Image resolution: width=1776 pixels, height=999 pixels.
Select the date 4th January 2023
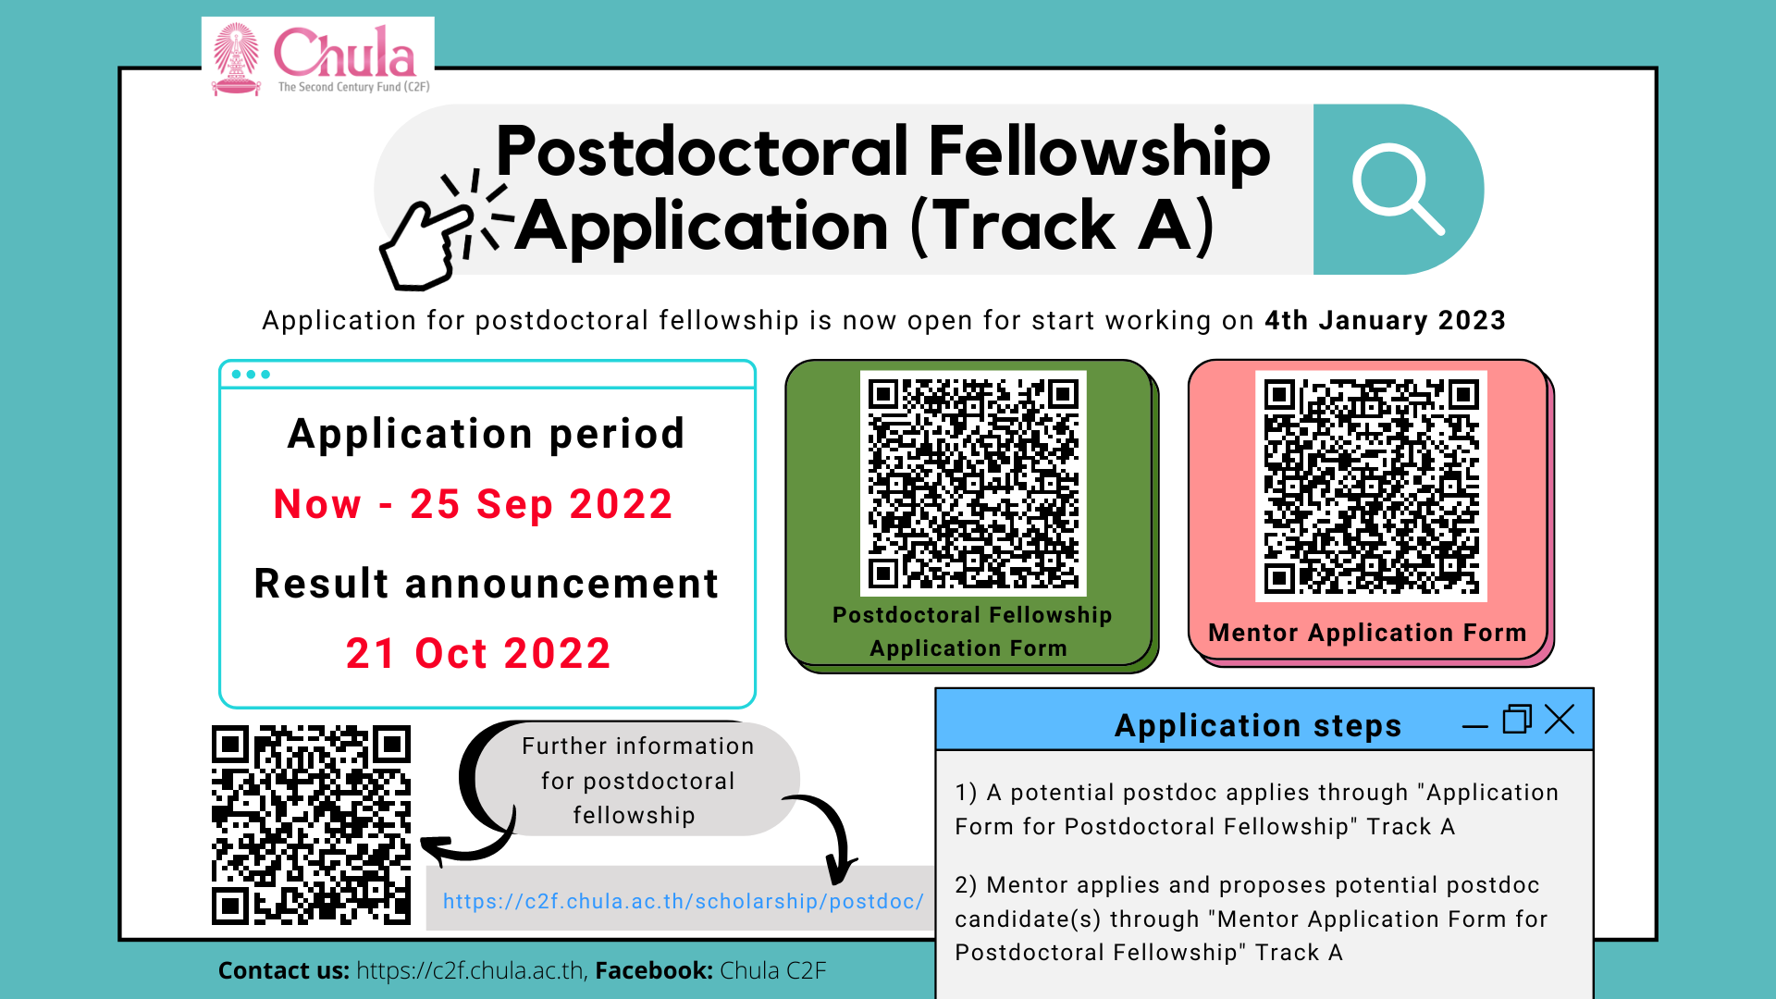[1385, 320]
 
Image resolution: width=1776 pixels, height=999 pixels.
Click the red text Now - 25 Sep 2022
[474, 504]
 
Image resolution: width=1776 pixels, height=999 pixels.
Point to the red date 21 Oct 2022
[478, 653]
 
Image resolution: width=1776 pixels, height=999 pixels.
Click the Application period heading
[487, 434]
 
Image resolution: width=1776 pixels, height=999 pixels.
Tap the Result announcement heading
[487, 584]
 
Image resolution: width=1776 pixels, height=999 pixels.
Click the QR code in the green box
[973, 483]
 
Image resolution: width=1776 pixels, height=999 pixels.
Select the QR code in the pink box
[1371, 486]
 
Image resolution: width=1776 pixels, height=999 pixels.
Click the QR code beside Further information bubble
[311, 825]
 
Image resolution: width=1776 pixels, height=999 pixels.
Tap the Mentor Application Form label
[1367, 633]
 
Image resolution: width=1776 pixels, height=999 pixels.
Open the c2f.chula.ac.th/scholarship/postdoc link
[683, 901]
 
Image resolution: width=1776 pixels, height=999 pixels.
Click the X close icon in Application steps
[1560, 719]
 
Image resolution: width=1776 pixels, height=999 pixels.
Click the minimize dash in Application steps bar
[1475, 727]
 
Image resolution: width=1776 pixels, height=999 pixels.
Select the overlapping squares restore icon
[1517, 719]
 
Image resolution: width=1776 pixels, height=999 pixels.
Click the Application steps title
[1258, 726]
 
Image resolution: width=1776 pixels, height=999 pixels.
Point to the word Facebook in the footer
[654, 970]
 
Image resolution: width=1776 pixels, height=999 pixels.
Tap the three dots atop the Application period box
[251, 375]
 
